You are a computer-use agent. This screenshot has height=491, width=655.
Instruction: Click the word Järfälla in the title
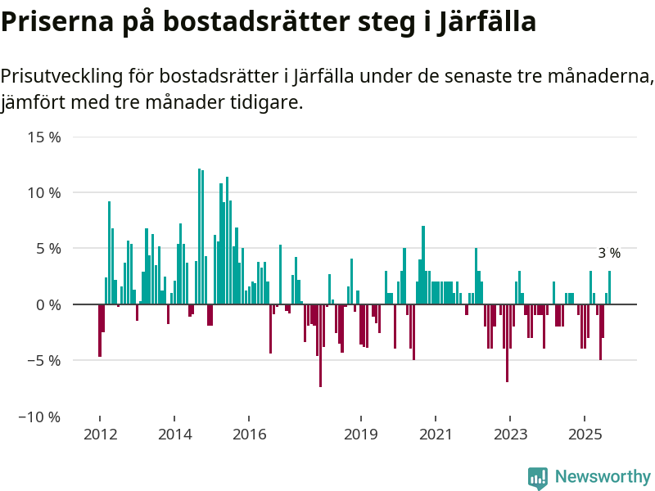(486, 22)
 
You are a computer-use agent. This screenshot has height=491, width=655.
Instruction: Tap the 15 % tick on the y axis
(45, 137)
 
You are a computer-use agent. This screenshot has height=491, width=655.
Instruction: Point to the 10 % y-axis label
(45, 193)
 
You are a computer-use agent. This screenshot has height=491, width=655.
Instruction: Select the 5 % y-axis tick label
(48, 249)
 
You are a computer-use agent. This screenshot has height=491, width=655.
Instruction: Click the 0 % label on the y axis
(48, 304)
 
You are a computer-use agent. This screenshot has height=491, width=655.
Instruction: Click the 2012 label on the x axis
(99, 434)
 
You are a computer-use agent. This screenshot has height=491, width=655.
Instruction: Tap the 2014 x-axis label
(174, 434)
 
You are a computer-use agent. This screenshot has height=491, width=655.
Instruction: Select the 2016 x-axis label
(250, 434)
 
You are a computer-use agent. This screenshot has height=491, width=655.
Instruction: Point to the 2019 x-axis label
(360, 434)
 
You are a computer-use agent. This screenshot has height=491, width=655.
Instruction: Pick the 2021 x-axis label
(436, 434)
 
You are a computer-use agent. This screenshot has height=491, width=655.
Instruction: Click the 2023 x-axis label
(510, 434)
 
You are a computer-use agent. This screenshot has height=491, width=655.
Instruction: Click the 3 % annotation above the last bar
(609, 254)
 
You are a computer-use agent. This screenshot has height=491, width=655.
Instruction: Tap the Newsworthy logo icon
(538, 478)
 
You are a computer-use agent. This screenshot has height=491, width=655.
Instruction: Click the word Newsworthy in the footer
(603, 477)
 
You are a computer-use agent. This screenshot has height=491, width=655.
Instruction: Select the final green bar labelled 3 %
(609, 287)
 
